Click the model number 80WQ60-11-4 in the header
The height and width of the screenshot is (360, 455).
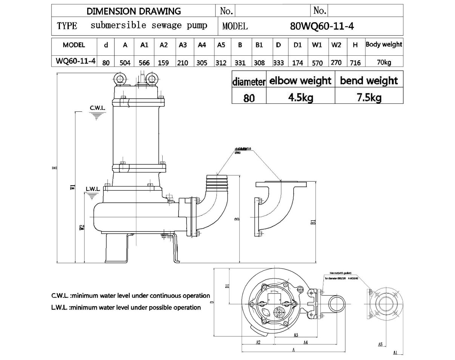click(x=322, y=26)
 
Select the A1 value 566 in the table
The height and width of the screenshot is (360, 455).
click(x=144, y=63)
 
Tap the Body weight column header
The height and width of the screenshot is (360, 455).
click(x=384, y=45)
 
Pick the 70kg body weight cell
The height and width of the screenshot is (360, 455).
click(x=384, y=63)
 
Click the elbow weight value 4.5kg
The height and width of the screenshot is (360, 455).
click(x=300, y=98)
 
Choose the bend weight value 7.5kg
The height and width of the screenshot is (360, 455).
click(x=369, y=98)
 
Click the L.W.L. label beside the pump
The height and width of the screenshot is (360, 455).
click(x=93, y=189)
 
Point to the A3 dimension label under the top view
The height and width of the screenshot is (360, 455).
click(x=296, y=335)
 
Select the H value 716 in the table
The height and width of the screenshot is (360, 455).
click(x=355, y=63)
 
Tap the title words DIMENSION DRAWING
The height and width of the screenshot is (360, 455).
click(x=133, y=11)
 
